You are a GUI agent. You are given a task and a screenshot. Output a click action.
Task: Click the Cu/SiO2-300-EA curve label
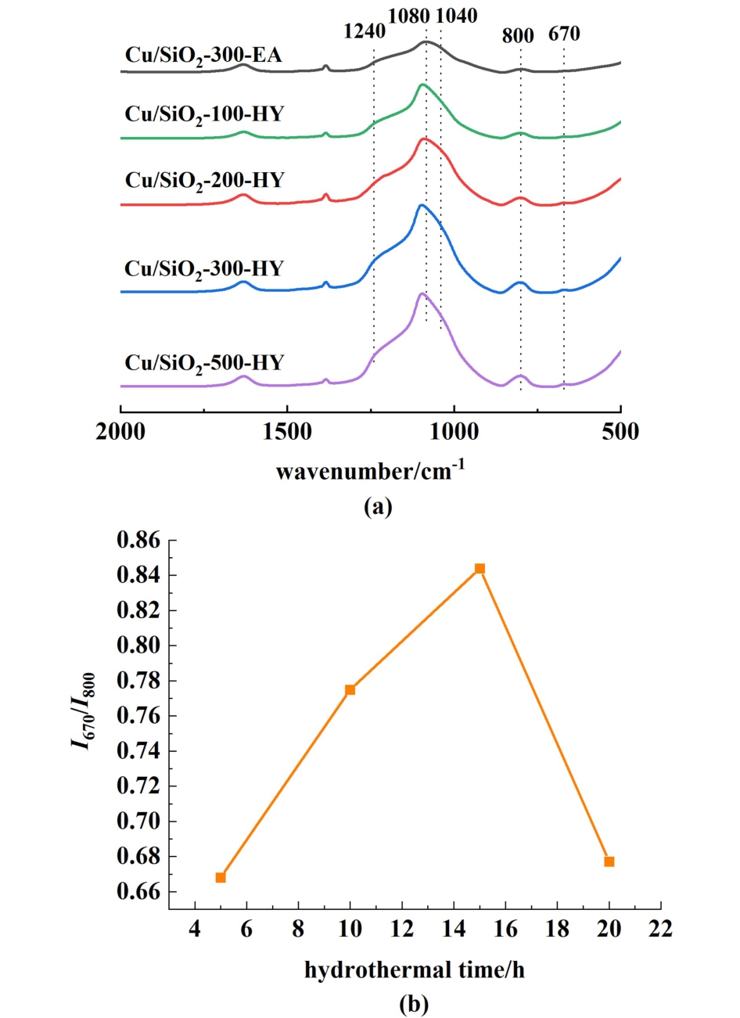(x=203, y=57)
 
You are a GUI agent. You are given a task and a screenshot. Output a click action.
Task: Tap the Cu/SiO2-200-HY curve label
(x=203, y=182)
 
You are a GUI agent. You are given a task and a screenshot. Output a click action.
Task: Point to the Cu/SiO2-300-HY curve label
(x=203, y=270)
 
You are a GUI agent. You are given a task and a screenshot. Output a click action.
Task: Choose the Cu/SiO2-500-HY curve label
(x=203, y=365)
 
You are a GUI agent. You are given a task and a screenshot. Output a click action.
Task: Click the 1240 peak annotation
(x=365, y=32)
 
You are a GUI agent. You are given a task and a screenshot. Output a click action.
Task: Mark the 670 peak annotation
(x=564, y=34)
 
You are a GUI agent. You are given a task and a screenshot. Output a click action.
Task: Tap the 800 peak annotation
(x=518, y=36)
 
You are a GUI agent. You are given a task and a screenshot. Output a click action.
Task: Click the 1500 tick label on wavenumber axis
(x=287, y=432)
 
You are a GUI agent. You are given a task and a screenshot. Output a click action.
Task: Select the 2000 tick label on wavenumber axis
(x=120, y=432)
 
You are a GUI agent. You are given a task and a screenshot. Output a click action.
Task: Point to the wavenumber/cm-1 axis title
(x=370, y=471)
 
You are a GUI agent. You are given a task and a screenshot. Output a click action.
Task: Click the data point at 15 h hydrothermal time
(x=480, y=568)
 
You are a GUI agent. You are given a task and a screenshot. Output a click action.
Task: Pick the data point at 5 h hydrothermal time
(x=221, y=877)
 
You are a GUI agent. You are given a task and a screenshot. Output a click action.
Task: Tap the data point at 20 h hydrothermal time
(x=609, y=862)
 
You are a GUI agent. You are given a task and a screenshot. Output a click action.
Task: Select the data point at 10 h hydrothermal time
(x=350, y=689)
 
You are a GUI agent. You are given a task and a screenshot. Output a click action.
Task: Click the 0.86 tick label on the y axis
(x=138, y=541)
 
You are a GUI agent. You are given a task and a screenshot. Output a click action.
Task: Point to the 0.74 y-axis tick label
(x=138, y=751)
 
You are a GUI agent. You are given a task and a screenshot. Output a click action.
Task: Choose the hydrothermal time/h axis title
(x=415, y=971)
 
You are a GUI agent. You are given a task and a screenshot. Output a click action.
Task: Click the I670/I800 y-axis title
(x=84, y=710)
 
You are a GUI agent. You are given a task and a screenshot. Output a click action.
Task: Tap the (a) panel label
(x=378, y=506)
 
